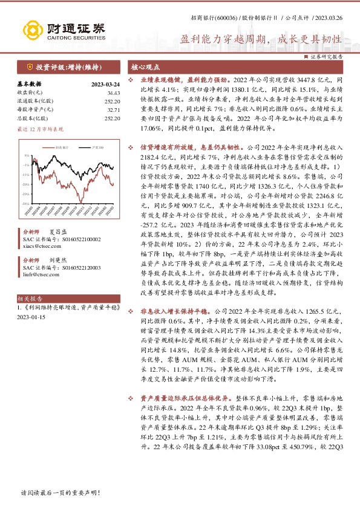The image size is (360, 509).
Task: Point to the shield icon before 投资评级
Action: (28, 66)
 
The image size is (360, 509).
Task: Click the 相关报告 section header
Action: (30, 299)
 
